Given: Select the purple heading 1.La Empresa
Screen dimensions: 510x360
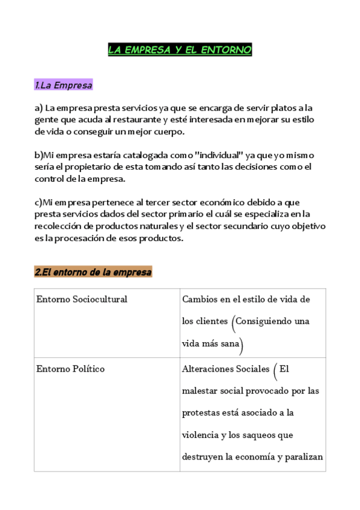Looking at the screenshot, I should pos(64,85).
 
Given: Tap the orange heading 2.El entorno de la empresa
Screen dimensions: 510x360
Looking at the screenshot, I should pos(93,272).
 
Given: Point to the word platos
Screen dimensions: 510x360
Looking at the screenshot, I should pos(278,108).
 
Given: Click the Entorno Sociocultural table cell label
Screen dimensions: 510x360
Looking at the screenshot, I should pos(82,299).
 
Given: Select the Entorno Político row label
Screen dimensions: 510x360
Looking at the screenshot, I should pos(70,369).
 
